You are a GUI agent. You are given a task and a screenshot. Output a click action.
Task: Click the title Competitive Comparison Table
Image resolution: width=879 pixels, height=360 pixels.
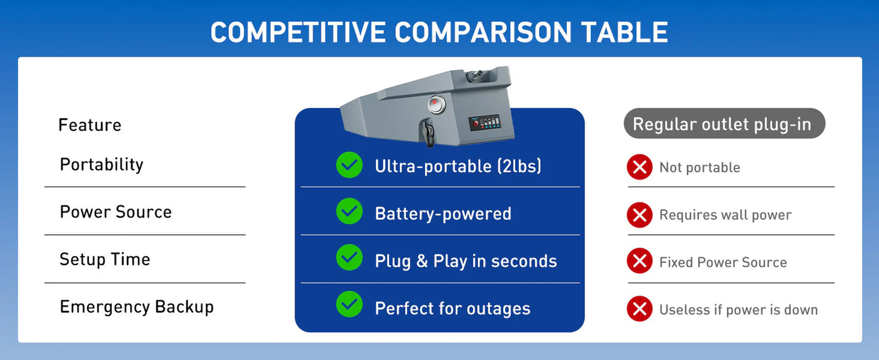point(439,32)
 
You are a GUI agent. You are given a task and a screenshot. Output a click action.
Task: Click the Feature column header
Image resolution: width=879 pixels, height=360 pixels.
point(90,125)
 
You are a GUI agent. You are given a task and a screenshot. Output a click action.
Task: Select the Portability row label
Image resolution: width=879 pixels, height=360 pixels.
point(102,165)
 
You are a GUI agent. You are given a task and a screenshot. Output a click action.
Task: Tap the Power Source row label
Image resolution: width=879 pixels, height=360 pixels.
point(116,212)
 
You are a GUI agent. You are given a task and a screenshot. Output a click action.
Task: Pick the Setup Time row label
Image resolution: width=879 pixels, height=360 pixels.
point(105,260)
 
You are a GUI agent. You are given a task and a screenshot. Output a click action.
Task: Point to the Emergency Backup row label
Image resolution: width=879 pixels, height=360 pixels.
point(137,307)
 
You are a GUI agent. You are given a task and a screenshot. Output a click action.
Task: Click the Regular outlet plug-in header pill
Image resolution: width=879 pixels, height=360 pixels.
point(724,124)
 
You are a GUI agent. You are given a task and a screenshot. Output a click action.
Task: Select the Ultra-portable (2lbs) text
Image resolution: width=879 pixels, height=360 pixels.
point(457,166)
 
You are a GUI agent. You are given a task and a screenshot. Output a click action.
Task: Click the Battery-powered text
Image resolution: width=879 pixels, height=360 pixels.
point(443,214)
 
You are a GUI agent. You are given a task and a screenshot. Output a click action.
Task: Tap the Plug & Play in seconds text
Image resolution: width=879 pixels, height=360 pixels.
point(465,261)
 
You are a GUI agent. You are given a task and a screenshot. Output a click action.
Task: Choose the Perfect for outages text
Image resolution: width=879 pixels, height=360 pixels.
point(453,309)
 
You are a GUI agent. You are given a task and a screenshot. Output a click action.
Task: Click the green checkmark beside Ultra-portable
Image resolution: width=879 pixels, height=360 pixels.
point(349,165)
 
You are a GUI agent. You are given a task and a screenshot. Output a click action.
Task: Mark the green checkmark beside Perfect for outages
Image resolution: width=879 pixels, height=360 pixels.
point(349,305)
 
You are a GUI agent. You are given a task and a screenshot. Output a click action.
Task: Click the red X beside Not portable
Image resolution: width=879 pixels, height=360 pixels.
point(639,167)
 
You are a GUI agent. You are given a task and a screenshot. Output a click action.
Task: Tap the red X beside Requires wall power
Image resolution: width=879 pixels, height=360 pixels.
point(639,215)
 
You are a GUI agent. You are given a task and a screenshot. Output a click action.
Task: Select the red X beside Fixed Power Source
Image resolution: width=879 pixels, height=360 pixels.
point(639,262)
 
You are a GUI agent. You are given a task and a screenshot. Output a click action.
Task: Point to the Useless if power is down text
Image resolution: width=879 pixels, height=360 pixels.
point(738,310)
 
